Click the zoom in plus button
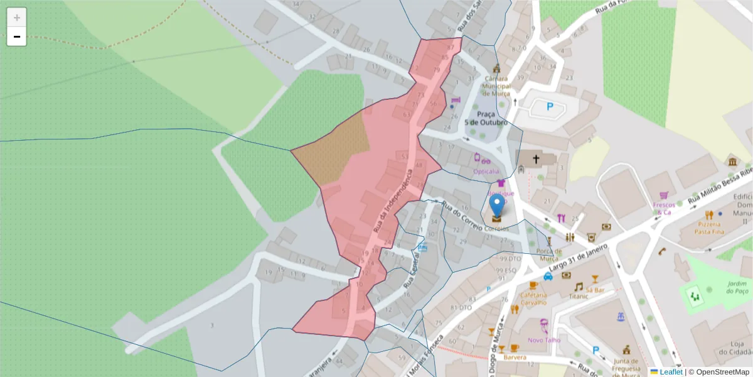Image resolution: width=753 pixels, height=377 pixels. [17, 18]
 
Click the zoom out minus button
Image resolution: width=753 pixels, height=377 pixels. [17, 37]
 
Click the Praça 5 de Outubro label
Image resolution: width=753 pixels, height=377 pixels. [486, 118]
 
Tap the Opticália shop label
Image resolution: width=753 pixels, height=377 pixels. [486, 171]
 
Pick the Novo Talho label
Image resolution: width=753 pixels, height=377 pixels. [543, 340]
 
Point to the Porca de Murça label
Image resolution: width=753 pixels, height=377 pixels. [548, 255]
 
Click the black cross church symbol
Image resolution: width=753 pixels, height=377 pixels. [537, 160]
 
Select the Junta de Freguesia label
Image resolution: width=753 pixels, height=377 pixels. [626, 364]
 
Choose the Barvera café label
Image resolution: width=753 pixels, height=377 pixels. [515, 357]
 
